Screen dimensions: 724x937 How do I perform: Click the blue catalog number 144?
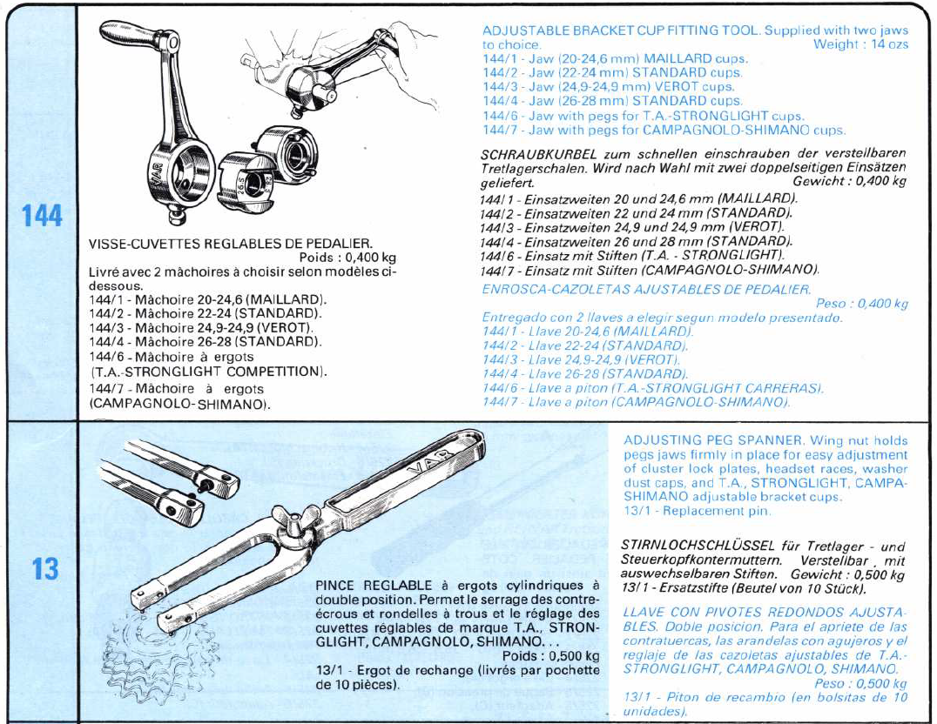pyautogui.click(x=42, y=215)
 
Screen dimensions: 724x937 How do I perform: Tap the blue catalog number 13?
pyautogui.click(x=44, y=570)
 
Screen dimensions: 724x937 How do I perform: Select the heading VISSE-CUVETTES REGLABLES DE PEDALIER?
pyautogui.click(x=242, y=245)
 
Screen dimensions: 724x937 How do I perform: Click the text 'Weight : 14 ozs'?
pyautogui.click(x=859, y=44)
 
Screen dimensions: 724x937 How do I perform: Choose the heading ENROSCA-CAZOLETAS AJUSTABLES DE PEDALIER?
pyautogui.click(x=646, y=289)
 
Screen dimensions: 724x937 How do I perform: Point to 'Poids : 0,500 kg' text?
pyautogui.click(x=551, y=655)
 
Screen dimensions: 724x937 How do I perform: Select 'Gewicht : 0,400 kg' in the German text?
pyautogui.click(x=849, y=181)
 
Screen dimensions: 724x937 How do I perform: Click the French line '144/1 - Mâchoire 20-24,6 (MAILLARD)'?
pyautogui.click(x=207, y=298)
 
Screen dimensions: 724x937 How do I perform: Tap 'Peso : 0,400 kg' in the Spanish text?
pyautogui.click(x=861, y=304)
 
